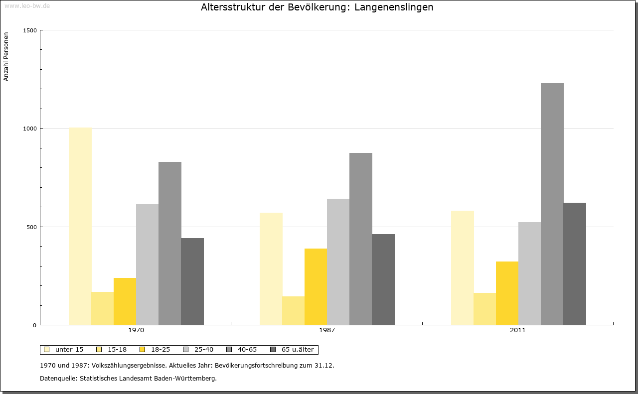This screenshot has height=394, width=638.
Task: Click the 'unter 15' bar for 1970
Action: tap(80, 226)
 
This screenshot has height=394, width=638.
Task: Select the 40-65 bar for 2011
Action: tap(552, 204)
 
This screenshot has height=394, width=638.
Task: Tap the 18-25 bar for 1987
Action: tap(316, 286)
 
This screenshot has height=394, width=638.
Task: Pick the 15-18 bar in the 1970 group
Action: tap(103, 308)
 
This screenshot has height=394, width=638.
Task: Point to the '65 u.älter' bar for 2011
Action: tap(575, 264)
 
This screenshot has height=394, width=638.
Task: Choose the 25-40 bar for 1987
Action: tap(338, 262)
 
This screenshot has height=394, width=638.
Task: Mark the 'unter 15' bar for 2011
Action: tap(463, 267)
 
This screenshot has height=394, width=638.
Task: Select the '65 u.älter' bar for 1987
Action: tap(383, 279)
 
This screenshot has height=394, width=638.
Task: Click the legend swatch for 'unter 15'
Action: tap(47, 350)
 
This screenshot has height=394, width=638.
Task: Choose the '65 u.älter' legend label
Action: tap(298, 350)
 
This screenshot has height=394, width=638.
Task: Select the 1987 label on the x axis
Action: tap(327, 330)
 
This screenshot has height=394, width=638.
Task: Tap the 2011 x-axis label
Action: tap(518, 330)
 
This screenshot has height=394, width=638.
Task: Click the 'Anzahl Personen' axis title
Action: tap(6, 57)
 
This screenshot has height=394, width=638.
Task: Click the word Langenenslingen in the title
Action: tap(394, 7)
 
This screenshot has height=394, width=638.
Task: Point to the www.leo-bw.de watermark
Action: tap(27, 6)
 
